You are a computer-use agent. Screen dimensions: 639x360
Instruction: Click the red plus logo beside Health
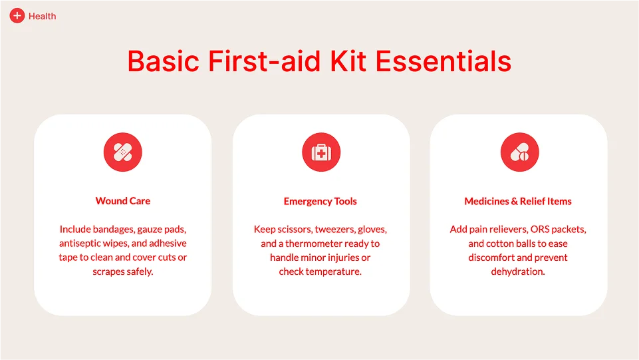coord(17,16)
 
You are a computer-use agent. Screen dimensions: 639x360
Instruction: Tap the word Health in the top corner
coord(43,17)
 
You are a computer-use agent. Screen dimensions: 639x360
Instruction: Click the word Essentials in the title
coord(444,62)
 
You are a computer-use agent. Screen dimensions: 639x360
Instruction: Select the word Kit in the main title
coord(348,62)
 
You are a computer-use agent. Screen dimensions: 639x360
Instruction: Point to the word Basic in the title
coord(164,62)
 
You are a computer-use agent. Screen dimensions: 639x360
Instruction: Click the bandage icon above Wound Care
coord(122,152)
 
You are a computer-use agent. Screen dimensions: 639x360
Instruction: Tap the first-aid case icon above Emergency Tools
coord(321,152)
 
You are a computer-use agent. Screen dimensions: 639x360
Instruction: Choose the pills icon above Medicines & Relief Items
coord(519,152)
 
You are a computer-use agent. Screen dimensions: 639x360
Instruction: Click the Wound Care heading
coord(122,201)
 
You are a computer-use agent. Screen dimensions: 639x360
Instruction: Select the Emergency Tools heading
coord(320,202)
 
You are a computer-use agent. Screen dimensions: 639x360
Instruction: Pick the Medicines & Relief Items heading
coord(518,202)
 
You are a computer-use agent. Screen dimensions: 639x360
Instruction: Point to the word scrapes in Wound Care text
coord(107,272)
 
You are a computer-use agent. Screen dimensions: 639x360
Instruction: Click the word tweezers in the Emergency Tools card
coord(334,230)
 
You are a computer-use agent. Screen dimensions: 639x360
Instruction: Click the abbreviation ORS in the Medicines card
coord(540,230)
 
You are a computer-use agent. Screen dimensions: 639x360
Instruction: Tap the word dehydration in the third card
coord(518,271)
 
